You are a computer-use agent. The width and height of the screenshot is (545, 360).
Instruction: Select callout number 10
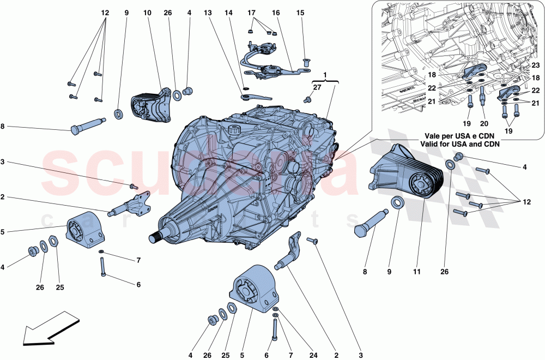tap(147, 12)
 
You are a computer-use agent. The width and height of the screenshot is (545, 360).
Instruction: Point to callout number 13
tap(208, 12)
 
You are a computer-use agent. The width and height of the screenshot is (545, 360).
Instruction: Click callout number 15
tap(300, 12)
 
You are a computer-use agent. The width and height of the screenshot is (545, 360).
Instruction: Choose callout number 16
tap(276, 12)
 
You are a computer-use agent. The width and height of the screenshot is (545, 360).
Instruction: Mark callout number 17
tap(251, 12)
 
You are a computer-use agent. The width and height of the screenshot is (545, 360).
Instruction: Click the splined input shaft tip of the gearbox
tap(156, 237)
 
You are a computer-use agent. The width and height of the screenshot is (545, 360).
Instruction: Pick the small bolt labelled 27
tap(307, 99)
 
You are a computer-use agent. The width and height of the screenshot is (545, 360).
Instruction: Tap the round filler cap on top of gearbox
tap(235, 130)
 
